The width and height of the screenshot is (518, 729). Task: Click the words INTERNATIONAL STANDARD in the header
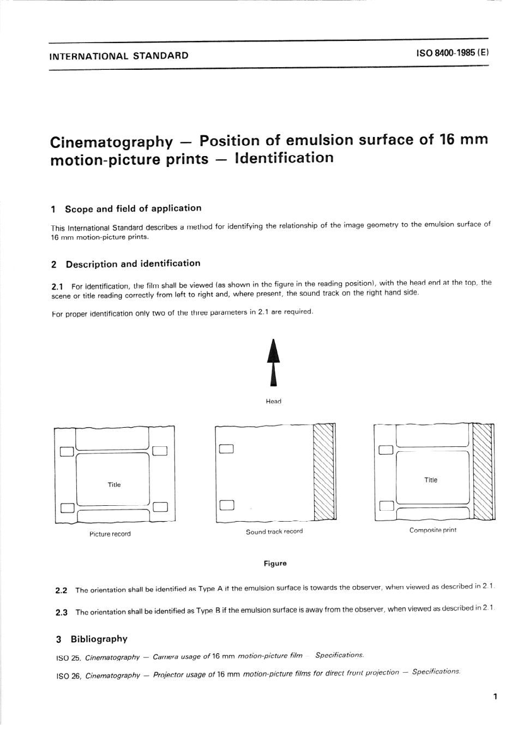(x=119, y=56)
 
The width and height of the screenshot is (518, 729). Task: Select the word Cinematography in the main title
(x=111, y=142)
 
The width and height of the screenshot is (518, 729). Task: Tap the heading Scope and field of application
(x=133, y=208)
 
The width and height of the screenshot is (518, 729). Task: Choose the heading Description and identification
(x=133, y=264)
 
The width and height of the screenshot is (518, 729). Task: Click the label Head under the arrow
(x=274, y=402)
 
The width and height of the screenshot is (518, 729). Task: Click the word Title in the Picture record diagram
(x=114, y=485)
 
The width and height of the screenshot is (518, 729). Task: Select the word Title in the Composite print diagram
(x=431, y=480)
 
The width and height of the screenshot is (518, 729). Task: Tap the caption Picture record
(x=110, y=534)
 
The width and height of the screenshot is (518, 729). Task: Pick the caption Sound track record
(x=274, y=531)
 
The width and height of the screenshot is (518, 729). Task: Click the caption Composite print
(x=433, y=530)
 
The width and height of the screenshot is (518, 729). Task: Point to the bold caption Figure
(x=275, y=563)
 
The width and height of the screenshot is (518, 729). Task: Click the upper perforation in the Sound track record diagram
(x=226, y=450)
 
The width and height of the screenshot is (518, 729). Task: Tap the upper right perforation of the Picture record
(x=160, y=451)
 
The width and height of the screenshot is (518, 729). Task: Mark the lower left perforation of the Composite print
(x=386, y=506)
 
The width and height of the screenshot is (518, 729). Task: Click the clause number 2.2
(x=61, y=590)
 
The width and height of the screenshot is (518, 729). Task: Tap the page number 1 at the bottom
(x=495, y=696)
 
